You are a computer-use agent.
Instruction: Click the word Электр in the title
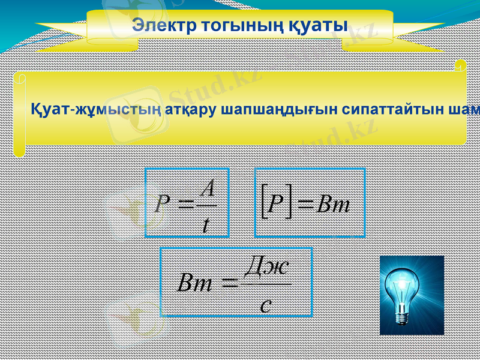point(158,26)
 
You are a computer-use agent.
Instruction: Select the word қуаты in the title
point(317,26)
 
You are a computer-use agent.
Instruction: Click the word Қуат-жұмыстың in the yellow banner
point(95,110)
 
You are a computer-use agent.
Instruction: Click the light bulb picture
point(412,295)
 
